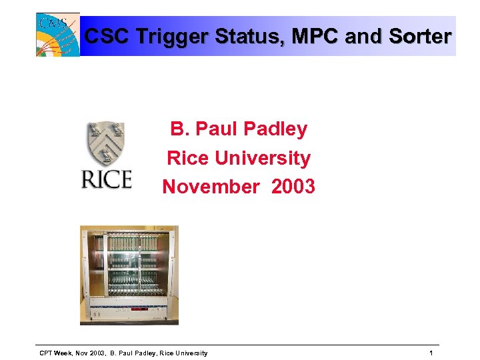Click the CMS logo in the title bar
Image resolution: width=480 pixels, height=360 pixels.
point(57,35)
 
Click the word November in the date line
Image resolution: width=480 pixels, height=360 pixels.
point(210,187)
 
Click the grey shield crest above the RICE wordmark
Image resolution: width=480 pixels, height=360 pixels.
point(106,144)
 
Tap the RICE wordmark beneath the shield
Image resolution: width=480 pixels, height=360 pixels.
point(106,179)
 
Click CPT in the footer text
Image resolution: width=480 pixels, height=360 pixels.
point(47,353)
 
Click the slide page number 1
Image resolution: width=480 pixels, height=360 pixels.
point(431,353)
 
